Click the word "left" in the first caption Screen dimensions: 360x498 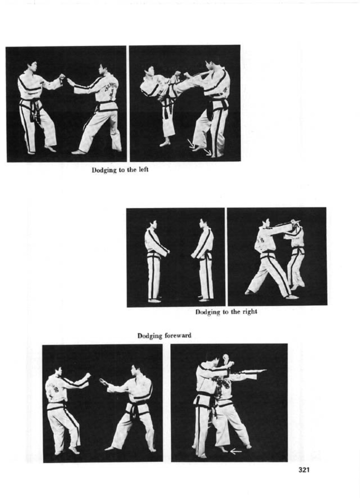tap(143, 170)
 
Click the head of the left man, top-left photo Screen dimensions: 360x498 tap(32, 66)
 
